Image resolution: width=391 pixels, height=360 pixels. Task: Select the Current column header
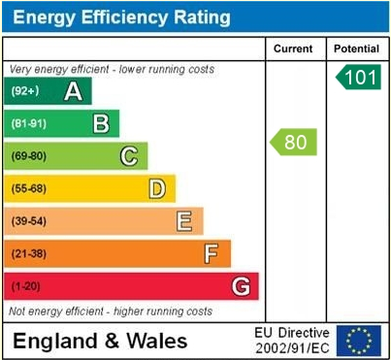(293, 49)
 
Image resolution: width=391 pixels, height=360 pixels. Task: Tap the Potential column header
(356, 49)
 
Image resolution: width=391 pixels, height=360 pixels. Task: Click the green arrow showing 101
(359, 78)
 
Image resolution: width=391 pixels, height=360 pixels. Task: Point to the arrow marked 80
(294, 143)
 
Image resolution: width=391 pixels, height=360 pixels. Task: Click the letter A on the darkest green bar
(72, 91)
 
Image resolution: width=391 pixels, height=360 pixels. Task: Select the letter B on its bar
(100, 123)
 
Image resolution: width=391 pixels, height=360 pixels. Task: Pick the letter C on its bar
(128, 156)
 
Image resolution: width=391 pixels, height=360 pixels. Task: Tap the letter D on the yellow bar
(156, 188)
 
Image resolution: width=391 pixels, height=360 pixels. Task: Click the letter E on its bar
(183, 221)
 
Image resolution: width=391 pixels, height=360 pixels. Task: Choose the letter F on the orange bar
(212, 253)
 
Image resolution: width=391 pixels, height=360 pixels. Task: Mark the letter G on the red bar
(241, 286)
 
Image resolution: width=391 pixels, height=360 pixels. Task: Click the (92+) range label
(25, 91)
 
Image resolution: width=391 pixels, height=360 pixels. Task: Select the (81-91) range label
(29, 123)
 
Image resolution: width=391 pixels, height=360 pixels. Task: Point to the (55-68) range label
(29, 188)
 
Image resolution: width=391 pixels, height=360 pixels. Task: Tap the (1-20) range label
(25, 286)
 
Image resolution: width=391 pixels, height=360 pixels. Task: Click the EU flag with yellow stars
(359, 340)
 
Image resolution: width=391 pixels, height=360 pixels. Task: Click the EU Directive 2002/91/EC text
(292, 340)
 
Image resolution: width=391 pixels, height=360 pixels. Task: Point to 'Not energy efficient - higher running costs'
(111, 311)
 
